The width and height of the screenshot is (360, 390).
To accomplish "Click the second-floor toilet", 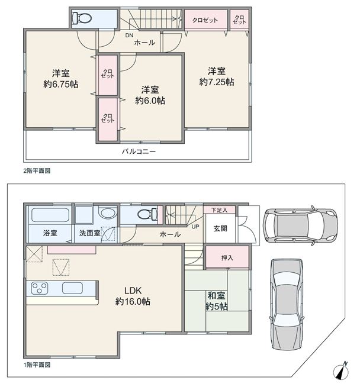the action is [x=82, y=18].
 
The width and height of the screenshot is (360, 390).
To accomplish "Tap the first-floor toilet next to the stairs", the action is [x=147, y=214].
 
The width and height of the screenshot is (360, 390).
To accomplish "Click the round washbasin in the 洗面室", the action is [x=108, y=214].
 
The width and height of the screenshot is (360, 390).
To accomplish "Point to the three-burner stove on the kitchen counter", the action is [x=40, y=288].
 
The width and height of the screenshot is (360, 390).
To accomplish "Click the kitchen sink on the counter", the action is [x=72, y=288].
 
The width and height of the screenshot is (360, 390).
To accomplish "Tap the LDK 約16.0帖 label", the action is [x=133, y=296].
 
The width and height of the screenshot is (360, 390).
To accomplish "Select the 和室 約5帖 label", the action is [x=217, y=301].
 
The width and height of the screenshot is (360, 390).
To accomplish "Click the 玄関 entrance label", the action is [x=220, y=228].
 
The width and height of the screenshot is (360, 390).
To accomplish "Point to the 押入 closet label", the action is [x=227, y=257].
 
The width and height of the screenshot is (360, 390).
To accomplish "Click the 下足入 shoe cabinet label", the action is [x=220, y=210].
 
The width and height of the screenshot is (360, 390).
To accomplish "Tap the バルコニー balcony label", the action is [x=139, y=152].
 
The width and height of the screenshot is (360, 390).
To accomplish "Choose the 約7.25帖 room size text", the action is [x=217, y=82].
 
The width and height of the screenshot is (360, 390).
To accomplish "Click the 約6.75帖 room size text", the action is [x=61, y=84].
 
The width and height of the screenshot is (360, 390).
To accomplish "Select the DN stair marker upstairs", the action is [x=129, y=36].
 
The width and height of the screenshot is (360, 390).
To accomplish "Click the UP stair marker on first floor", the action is [x=195, y=227].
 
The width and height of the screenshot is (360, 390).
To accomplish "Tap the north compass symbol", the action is [x=341, y=371].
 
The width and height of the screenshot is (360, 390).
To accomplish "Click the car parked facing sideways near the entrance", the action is [x=300, y=225].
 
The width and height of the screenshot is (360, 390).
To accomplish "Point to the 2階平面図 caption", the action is [x=37, y=171].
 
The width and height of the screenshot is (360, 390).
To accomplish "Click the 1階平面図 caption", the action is [x=37, y=365].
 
